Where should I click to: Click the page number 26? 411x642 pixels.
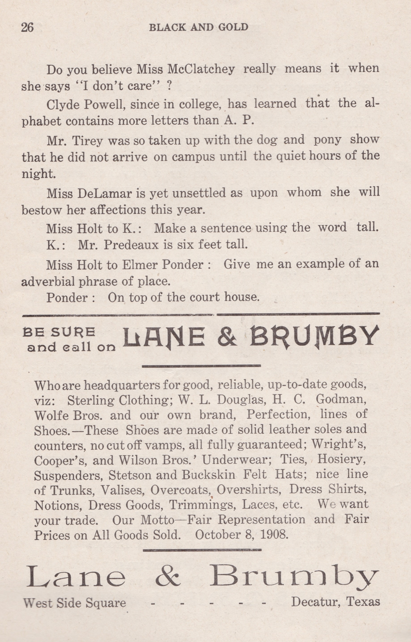click(x=27, y=28)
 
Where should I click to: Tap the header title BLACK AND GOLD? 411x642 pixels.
click(x=199, y=27)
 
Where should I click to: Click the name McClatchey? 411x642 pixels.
click(x=201, y=69)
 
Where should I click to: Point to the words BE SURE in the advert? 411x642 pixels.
click(x=59, y=332)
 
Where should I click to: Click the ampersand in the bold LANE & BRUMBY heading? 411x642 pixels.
click(x=227, y=337)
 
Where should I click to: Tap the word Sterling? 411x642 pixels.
click(x=90, y=400)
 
